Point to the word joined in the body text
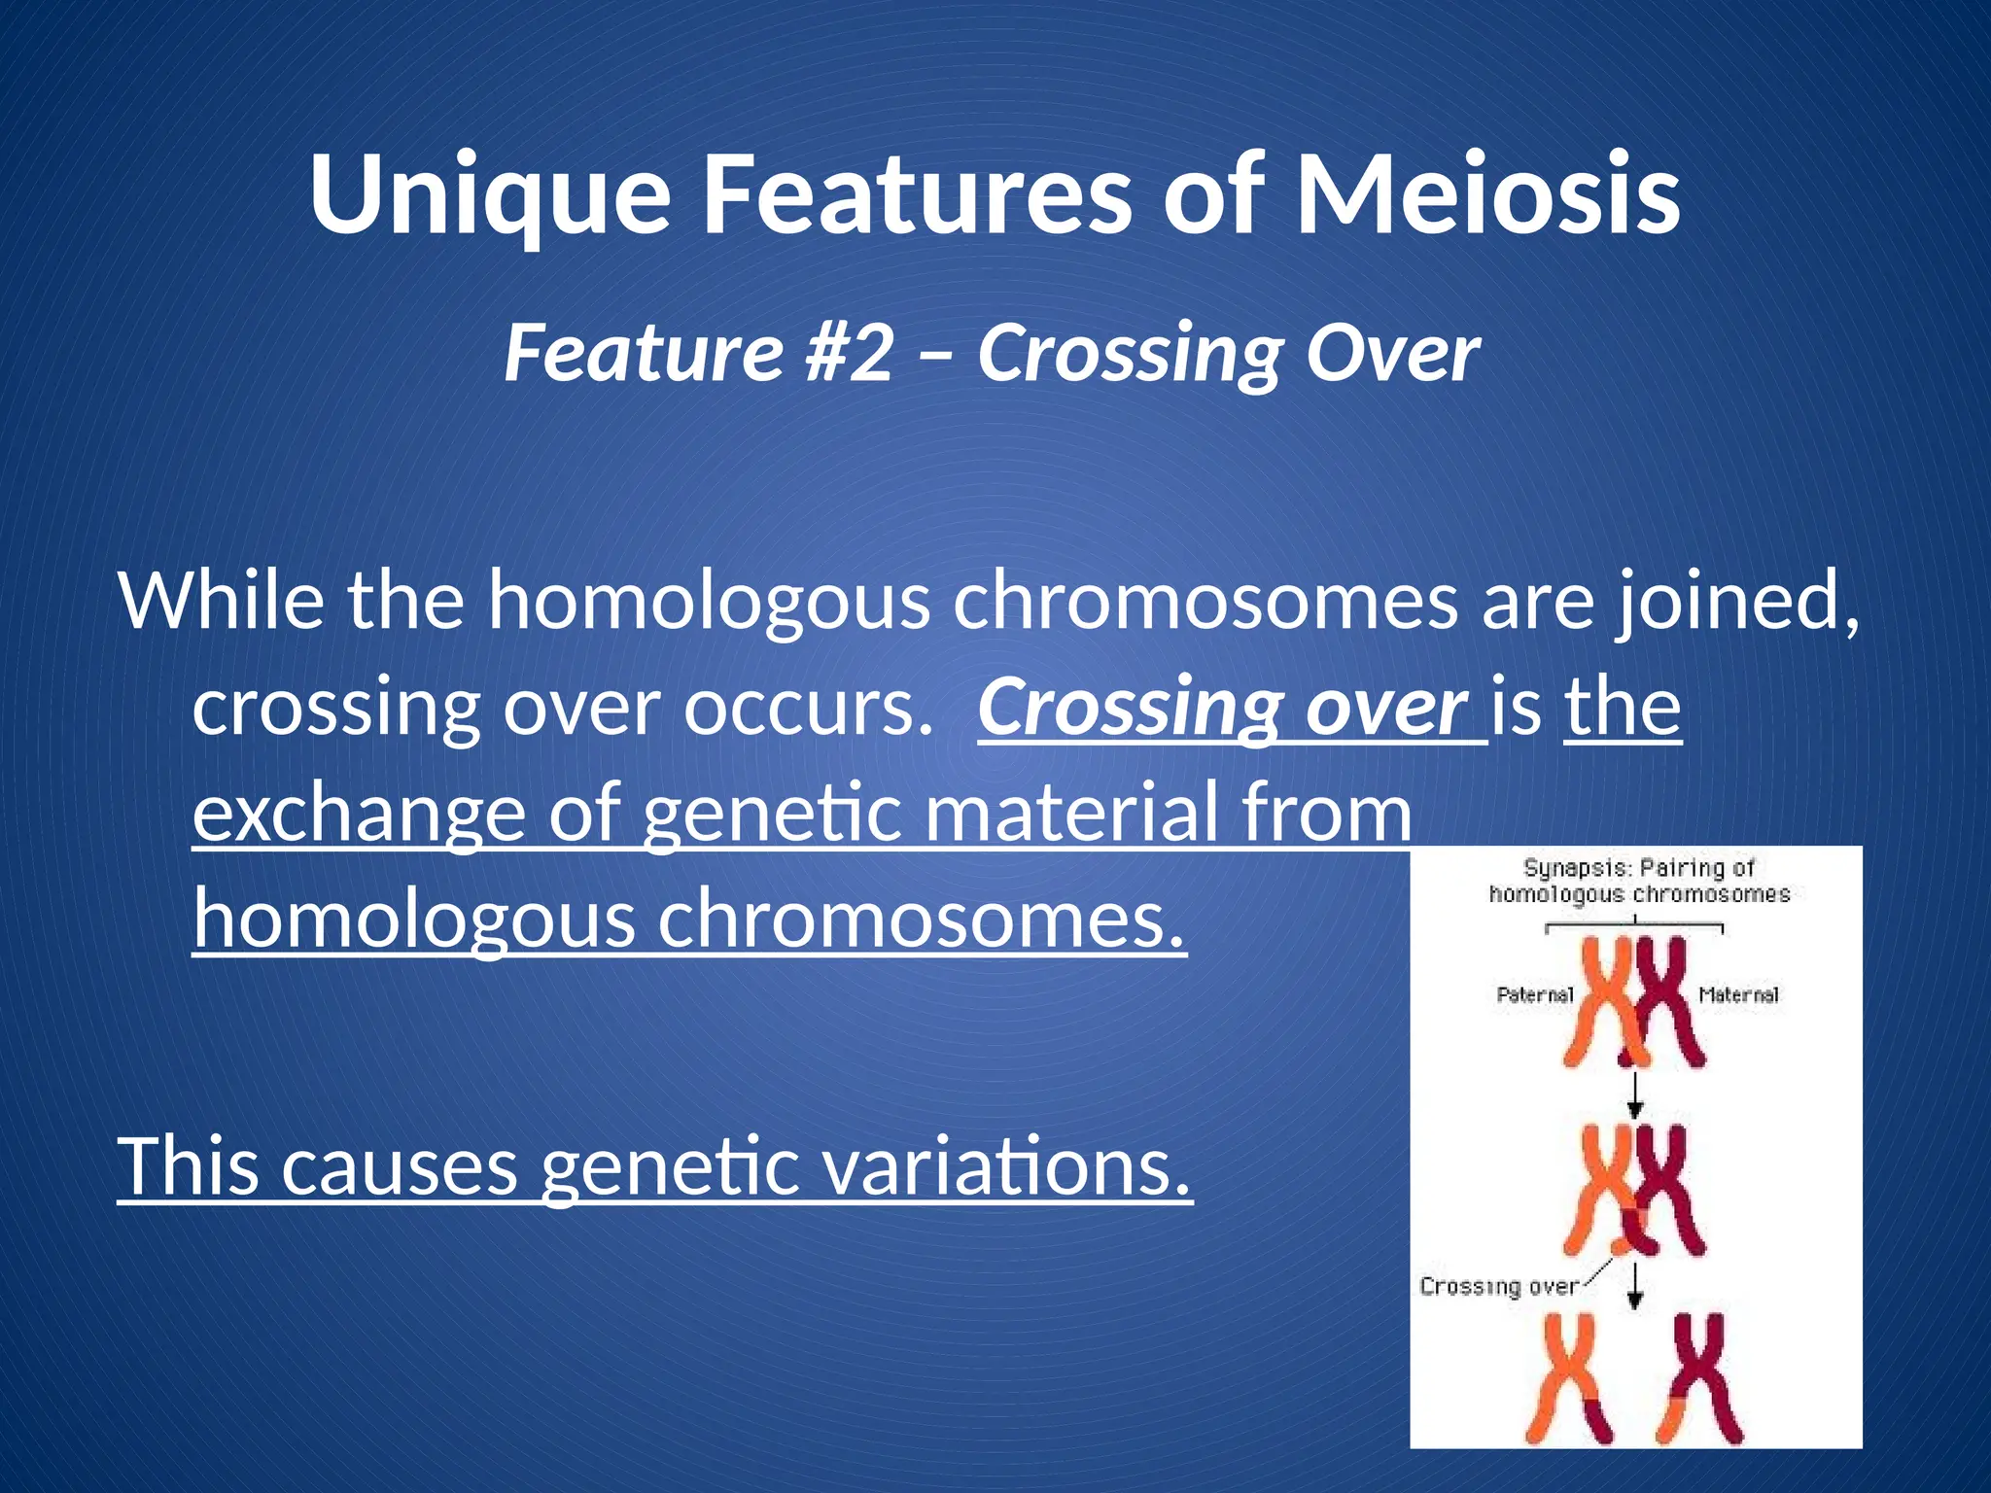[x=1738, y=603]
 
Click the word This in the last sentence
[x=189, y=1166]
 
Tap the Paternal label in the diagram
[x=1534, y=994]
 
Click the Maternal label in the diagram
[x=1739, y=994]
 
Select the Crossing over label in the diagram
[x=1498, y=1287]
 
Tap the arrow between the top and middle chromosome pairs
[x=1635, y=1095]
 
